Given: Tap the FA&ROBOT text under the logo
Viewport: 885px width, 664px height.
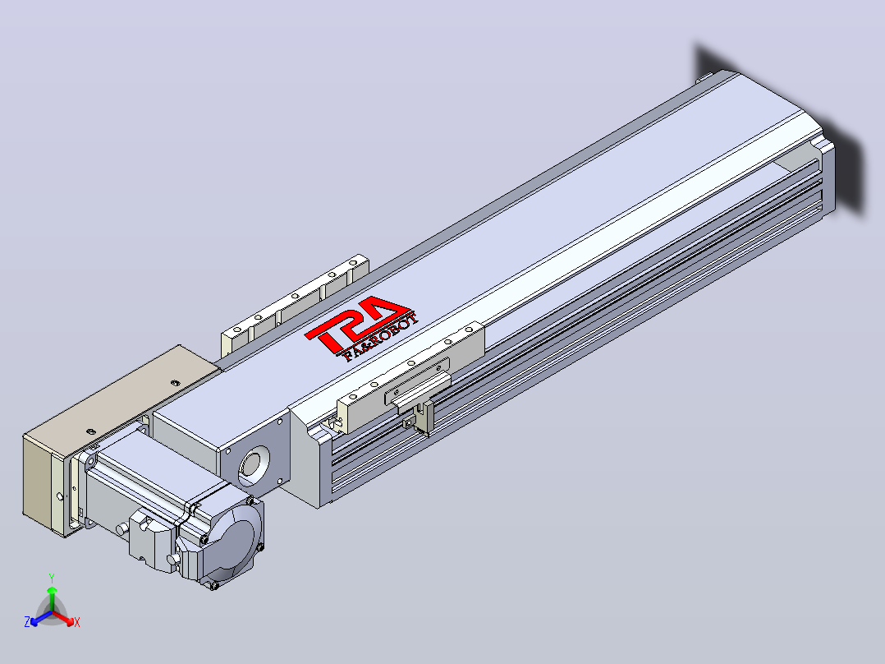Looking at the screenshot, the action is pos(382,337).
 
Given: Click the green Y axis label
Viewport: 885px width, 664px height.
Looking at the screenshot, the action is pos(52,579).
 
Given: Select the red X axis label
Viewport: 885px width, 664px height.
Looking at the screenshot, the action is pos(77,622).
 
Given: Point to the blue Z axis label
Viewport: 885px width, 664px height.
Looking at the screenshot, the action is pos(27,622).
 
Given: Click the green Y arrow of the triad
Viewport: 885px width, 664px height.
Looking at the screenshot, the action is pos(52,599).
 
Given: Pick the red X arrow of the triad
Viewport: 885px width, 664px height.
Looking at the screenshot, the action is pos(63,618).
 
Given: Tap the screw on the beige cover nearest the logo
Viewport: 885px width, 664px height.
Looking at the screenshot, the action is pos(175,383).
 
